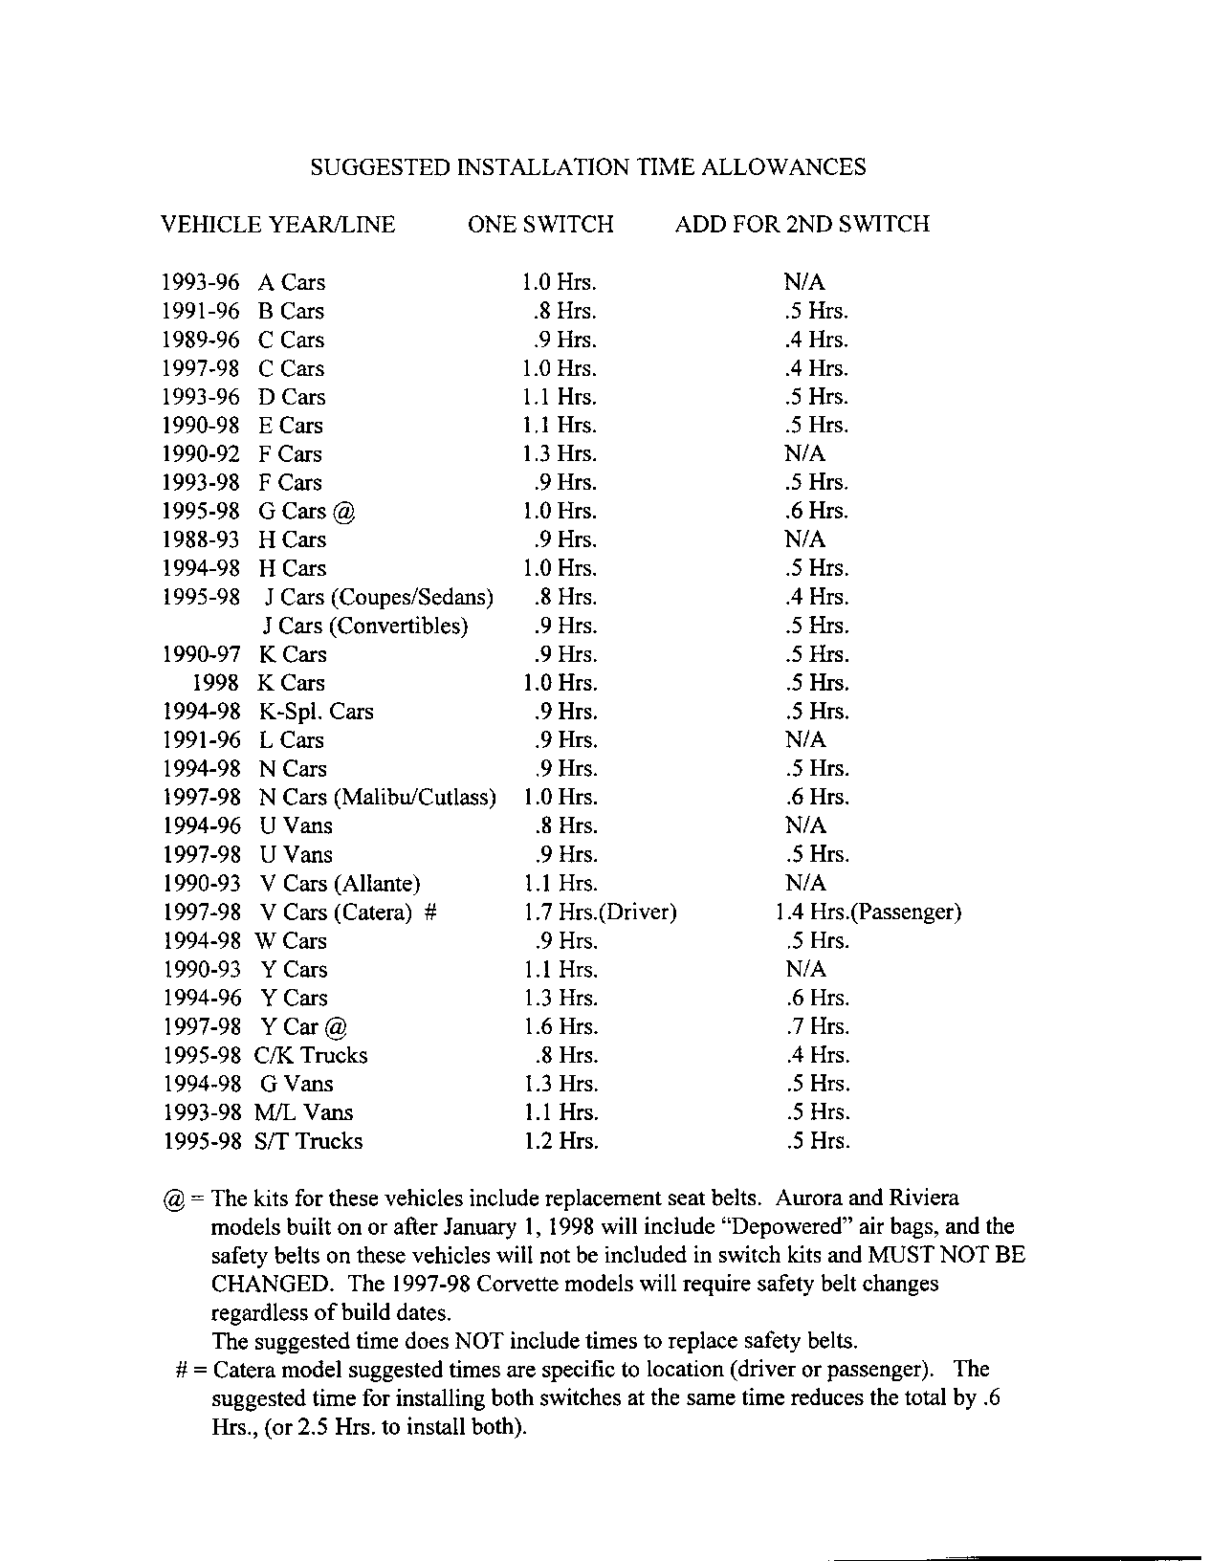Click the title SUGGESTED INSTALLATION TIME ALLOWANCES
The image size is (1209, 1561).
pos(588,167)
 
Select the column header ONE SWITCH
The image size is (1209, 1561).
pos(540,225)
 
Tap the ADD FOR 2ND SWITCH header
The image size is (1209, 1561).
pos(802,225)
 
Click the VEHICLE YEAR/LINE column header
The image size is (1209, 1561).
pos(277,225)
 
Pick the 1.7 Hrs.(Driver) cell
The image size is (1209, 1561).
pos(600,912)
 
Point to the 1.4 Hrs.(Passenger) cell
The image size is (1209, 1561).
pos(868,912)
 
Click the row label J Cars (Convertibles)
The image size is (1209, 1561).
pos(365,627)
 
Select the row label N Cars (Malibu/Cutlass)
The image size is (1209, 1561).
pos(378,798)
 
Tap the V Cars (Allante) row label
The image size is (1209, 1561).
pos(340,884)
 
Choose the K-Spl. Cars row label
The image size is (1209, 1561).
pos(316,712)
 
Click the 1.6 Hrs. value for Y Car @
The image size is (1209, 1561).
pos(560,1027)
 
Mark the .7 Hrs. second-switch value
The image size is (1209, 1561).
pos(816,1027)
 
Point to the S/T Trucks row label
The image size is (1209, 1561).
pos(308,1141)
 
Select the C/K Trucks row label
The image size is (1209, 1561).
pos(311,1056)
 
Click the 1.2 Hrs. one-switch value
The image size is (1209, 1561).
pos(560,1141)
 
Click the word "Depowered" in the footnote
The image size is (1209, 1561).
pos(793,1226)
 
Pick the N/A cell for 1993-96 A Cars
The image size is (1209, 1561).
pos(804,283)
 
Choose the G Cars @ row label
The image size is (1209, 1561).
pos(306,512)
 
